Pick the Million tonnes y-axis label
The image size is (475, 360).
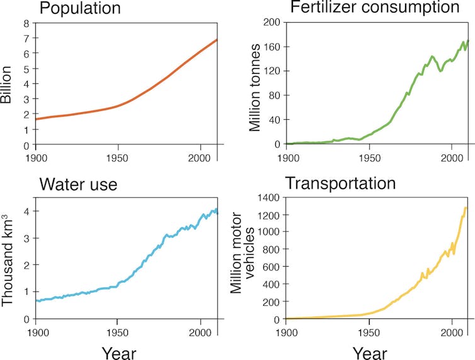255,88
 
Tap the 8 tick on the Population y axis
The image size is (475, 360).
27,23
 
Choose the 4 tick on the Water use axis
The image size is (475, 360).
26,211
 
